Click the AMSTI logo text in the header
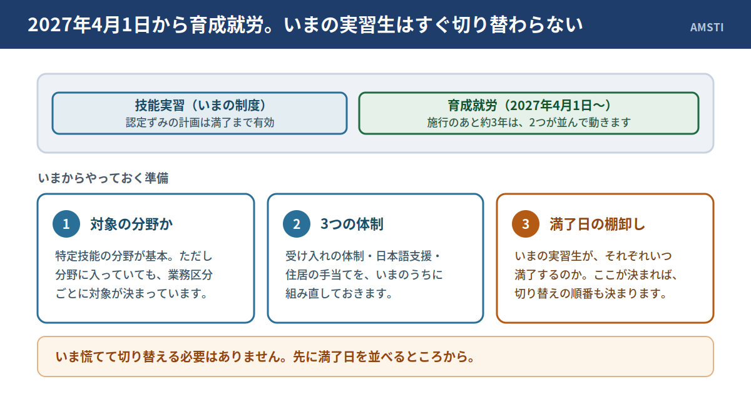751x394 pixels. [707, 27]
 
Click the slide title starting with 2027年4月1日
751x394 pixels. [305, 25]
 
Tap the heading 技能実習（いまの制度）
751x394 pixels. [200, 105]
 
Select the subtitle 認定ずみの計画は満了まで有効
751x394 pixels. [200, 123]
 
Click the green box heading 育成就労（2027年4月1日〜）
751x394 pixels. [529, 105]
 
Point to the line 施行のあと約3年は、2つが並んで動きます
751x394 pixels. [529, 123]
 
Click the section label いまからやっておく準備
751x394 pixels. [103, 178]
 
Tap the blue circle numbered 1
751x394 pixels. [66, 224]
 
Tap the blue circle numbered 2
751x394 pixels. [297, 224]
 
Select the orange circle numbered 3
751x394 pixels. [526, 224]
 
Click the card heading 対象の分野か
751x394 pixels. [131, 224]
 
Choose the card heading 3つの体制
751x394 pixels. [352, 224]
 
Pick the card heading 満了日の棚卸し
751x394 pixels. [598, 224]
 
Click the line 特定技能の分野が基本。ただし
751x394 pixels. [134, 256]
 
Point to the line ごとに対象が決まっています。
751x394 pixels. [131, 293]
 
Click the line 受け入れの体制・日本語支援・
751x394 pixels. [364, 256]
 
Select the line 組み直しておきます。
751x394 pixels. [339, 293]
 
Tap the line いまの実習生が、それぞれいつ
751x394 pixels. [593, 256]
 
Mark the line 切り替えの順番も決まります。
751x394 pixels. [591, 293]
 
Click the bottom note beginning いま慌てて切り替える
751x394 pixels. [265, 356]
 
